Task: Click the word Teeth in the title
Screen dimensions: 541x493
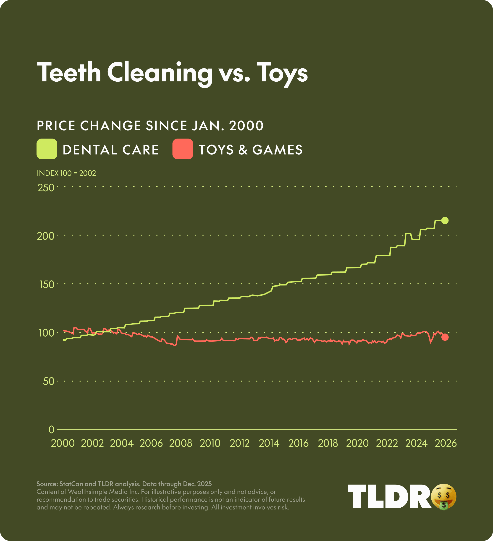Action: [x=69, y=72]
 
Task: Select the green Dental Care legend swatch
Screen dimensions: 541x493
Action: [x=47, y=149]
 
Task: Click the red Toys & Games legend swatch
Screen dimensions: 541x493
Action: [x=183, y=149]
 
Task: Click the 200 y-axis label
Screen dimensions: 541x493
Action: [x=46, y=236]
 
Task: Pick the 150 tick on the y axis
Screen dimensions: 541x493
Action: [x=47, y=284]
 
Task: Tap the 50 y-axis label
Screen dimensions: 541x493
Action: [x=48, y=381]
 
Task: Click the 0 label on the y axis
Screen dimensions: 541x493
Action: [x=51, y=430]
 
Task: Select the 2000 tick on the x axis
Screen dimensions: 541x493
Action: [x=63, y=443]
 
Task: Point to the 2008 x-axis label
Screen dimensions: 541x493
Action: [x=181, y=443]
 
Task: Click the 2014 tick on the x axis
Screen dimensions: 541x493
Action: [x=269, y=443]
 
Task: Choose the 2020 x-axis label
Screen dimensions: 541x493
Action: [x=357, y=443]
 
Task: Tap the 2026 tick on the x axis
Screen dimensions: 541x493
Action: [x=446, y=443]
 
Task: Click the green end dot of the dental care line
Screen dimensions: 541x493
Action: [x=445, y=220]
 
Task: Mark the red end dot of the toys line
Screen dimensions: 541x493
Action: [x=445, y=337]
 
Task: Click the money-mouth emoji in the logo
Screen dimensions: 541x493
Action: [x=444, y=497]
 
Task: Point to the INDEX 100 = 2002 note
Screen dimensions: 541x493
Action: [x=66, y=173]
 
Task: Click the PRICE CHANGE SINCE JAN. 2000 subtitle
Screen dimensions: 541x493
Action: [x=150, y=126]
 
